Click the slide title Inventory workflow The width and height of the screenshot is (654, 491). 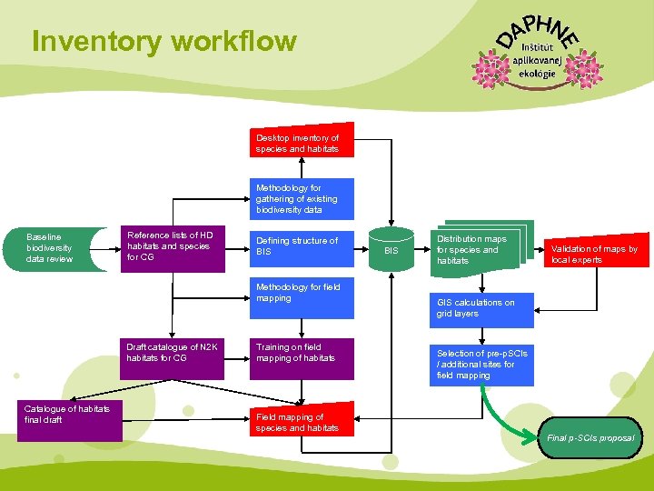tap(163, 42)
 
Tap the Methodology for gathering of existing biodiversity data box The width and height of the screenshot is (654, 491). tap(302, 199)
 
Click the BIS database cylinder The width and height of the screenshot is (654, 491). tap(391, 248)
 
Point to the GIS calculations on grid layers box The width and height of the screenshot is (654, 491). tap(482, 307)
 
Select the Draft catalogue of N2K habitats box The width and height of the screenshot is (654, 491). tap(174, 359)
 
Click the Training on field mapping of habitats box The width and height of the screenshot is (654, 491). tap(302, 359)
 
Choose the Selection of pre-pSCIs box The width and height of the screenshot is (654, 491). tap(482, 364)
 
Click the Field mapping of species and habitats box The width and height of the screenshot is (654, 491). tap(302, 421)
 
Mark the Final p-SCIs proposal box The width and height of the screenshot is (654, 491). tap(591, 437)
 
